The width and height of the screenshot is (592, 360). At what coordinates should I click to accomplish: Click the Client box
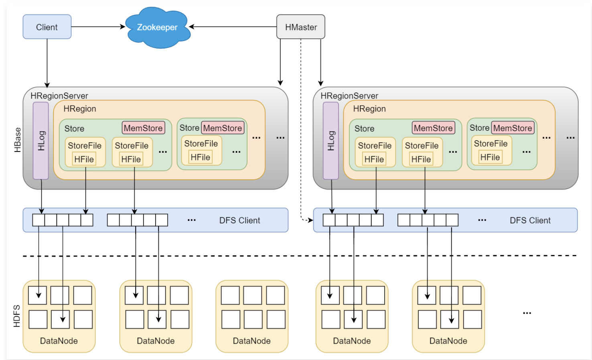pyautogui.click(x=47, y=27)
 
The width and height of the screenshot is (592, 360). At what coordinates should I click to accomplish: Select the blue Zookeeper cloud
pyautogui.click(x=157, y=27)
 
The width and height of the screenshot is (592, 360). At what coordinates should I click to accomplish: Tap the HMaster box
pyautogui.click(x=301, y=27)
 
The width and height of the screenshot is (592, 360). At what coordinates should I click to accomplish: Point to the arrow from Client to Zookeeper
pyautogui.click(x=98, y=27)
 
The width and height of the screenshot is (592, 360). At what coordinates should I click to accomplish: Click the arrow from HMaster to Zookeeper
pyautogui.click(x=233, y=27)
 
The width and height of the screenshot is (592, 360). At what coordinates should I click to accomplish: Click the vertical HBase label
pyautogui.click(x=18, y=140)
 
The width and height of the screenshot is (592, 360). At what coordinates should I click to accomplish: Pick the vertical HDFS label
pyautogui.click(x=17, y=316)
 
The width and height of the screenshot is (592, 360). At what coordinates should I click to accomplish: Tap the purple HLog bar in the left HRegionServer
pyautogui.click(x=41, y=140)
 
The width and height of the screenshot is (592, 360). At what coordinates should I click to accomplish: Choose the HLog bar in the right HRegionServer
pyautogui.click(x=331, y=140)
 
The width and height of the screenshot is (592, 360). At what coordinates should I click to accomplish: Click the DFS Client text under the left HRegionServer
pyautogui.click(x=239, y=220)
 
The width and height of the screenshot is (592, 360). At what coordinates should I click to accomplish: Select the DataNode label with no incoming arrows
pyautogui.click(x=251, y=341)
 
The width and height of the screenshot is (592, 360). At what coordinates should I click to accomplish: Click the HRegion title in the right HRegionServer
pyautogui.click(x=369, y=109)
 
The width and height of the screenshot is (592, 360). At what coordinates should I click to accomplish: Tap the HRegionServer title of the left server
pyautogui.click(x=59, y=96)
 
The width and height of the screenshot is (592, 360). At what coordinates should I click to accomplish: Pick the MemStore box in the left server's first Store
pyautogui.click(x=143, y=128)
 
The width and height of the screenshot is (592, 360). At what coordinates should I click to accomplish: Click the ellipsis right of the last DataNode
pyautogui.click(x=527, y=313)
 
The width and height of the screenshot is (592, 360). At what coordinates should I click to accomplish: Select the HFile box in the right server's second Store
pyautogui.click(x=490, y=157)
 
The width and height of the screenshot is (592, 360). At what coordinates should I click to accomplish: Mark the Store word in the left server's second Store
pyautogui.click(x=189, y=128)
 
